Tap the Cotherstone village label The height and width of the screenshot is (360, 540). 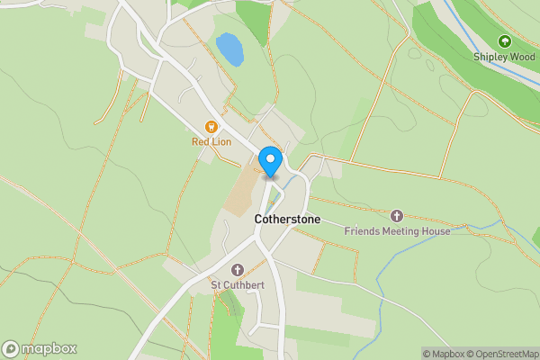tap(287, 219)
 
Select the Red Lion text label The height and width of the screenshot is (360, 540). tap(211, 141)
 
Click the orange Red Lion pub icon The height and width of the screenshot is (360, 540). tap(211, 128)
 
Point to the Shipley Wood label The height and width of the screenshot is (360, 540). tap(503, 56)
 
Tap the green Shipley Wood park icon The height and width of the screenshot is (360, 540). tap(503, 41)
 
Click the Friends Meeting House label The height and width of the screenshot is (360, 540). tap(397, 231)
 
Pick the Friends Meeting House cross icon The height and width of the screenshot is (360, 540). tap(397, 216)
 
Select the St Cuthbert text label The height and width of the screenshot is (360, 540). tap(238, 286)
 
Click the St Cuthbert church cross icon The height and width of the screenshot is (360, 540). tap(238, 270)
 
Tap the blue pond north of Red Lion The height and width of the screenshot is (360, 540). tap(229, 49)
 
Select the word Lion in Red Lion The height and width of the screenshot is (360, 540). tap(221, 141)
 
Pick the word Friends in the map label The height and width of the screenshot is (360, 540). tap(362, 231)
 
